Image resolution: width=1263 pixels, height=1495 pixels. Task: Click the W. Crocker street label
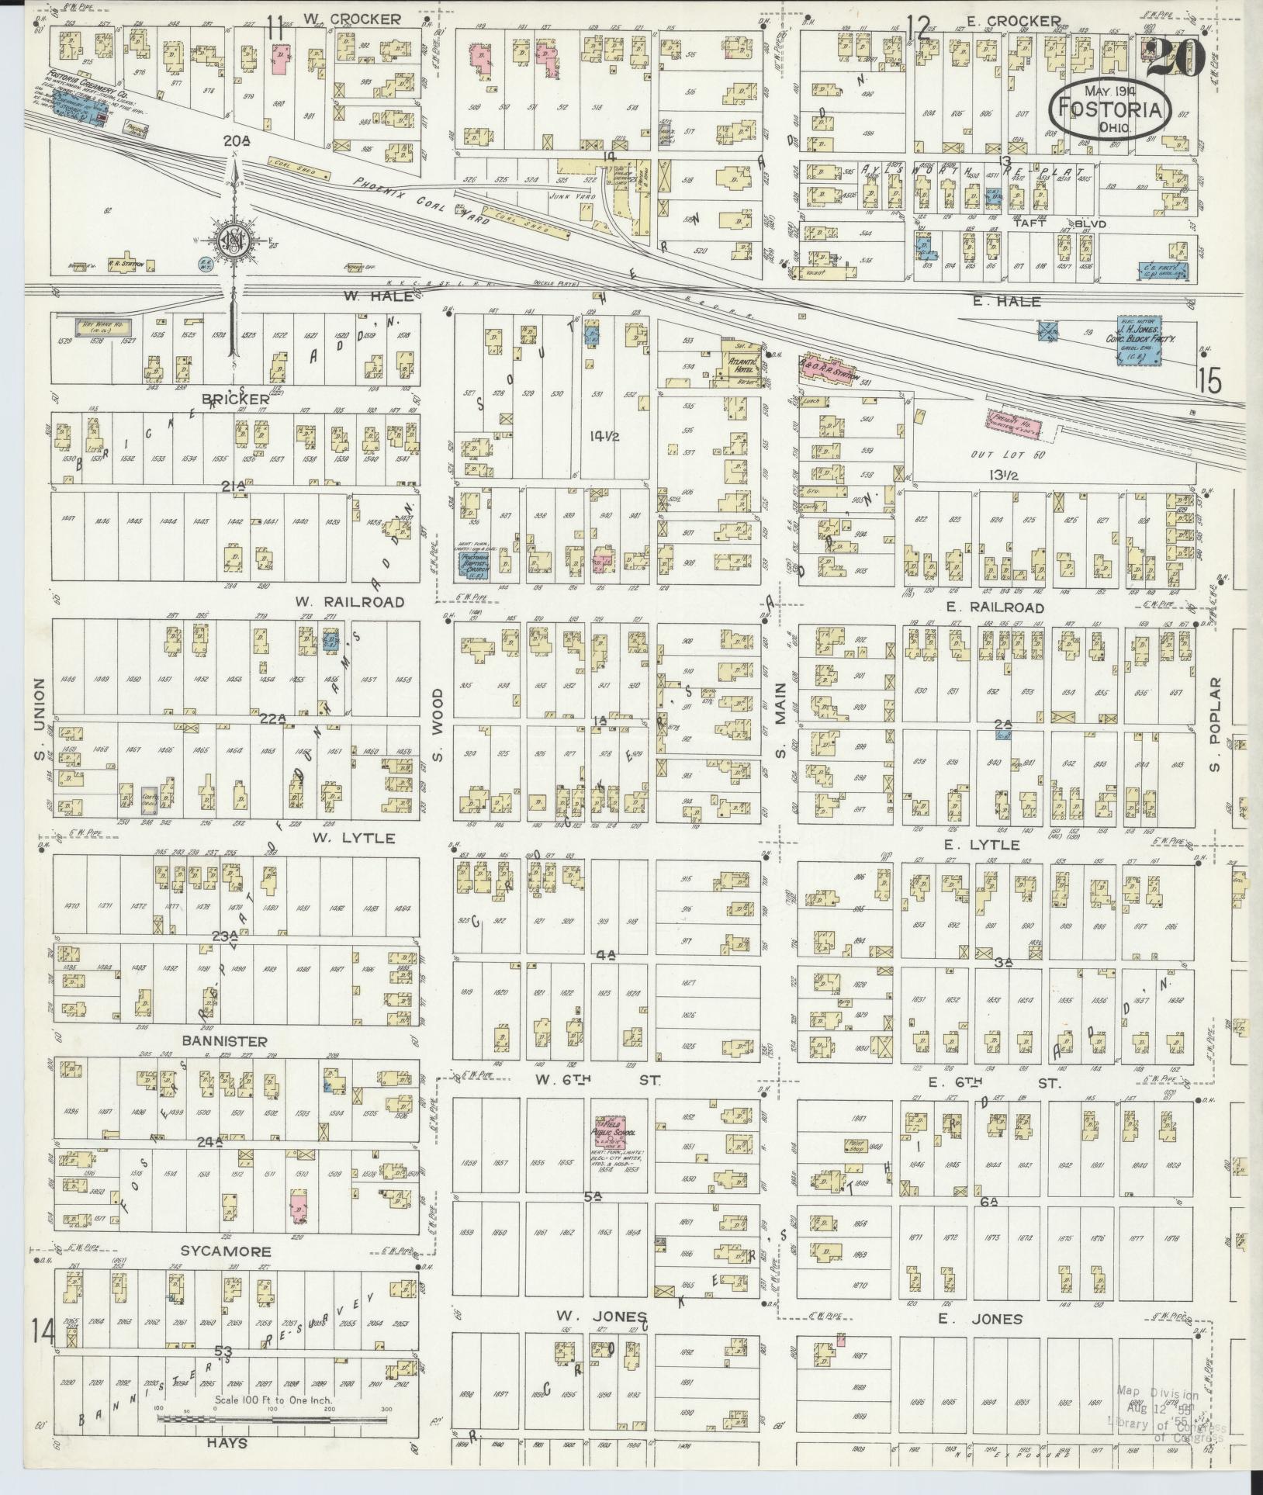click(x=351, y=19)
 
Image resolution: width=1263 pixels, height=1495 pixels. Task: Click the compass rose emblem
click(x=231, y=243)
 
